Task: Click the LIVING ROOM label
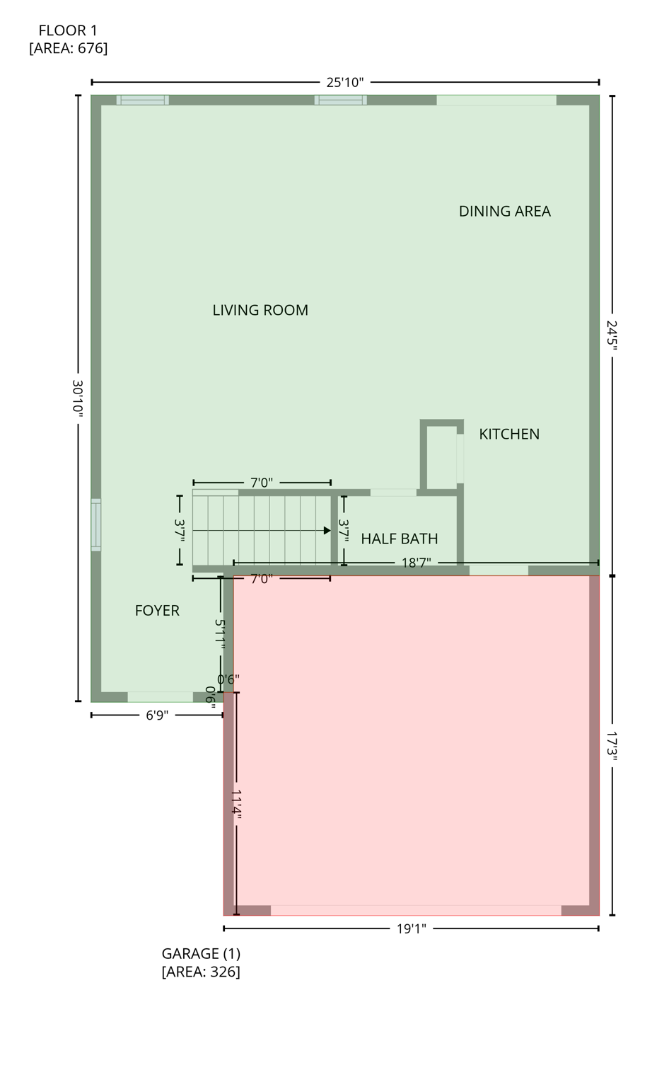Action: tap(260, 310)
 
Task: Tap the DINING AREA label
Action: tap(504, 211)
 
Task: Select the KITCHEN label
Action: tap(509, 434)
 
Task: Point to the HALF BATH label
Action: tap(399, 539)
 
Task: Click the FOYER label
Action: tap(157, 610)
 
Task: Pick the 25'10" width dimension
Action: tap(344, 82)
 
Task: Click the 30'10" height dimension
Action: tap(78, 398)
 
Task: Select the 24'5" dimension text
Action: tap(612, 335)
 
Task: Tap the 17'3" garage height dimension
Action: tap(612, 746)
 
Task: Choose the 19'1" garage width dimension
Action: tap(411, 928)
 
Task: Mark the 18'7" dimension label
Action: tap(416, 563)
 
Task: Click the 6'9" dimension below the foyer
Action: tap(157, 715)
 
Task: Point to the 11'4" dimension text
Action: tap(236, 805)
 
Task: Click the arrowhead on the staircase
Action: tap(327, 531)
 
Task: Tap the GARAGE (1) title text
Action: tap(201, 953)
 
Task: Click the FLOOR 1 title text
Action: tap(68, 30)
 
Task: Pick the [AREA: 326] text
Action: tap(201, 972)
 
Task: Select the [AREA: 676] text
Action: tap(68, 48)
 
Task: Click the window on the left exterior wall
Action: tap(96, 524)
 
